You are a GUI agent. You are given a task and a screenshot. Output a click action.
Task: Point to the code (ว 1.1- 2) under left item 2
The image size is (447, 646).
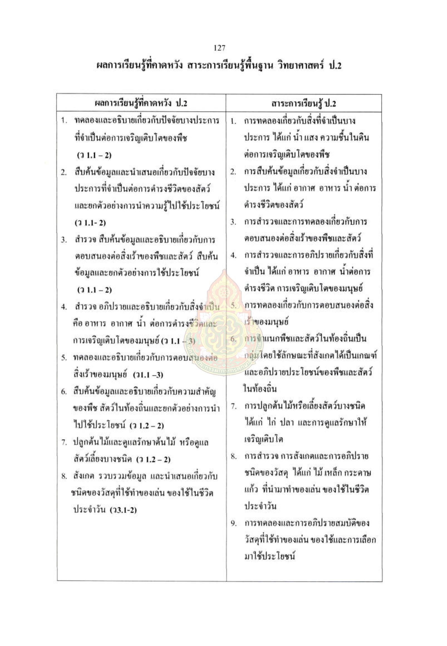coord(90,223)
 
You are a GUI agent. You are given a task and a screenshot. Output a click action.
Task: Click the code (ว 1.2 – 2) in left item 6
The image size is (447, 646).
coord(147,426)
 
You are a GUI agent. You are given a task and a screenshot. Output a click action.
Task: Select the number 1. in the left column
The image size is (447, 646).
coord(64,121)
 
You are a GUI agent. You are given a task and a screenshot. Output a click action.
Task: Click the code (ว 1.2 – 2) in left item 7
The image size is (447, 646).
coord(154,459)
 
